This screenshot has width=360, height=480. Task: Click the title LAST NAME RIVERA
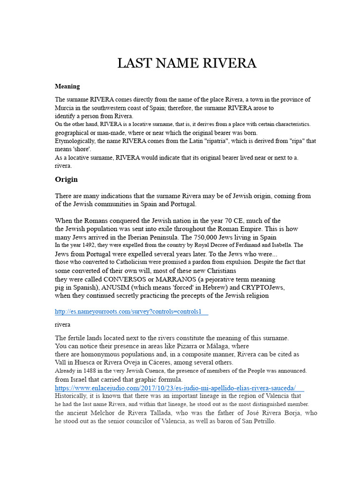coord(187,63)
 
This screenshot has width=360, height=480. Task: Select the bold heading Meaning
coord(67,86)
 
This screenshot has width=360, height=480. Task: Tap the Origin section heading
coord(66,180)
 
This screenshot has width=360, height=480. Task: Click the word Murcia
coord(65,108)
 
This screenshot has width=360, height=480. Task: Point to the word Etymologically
coord(77,141)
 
